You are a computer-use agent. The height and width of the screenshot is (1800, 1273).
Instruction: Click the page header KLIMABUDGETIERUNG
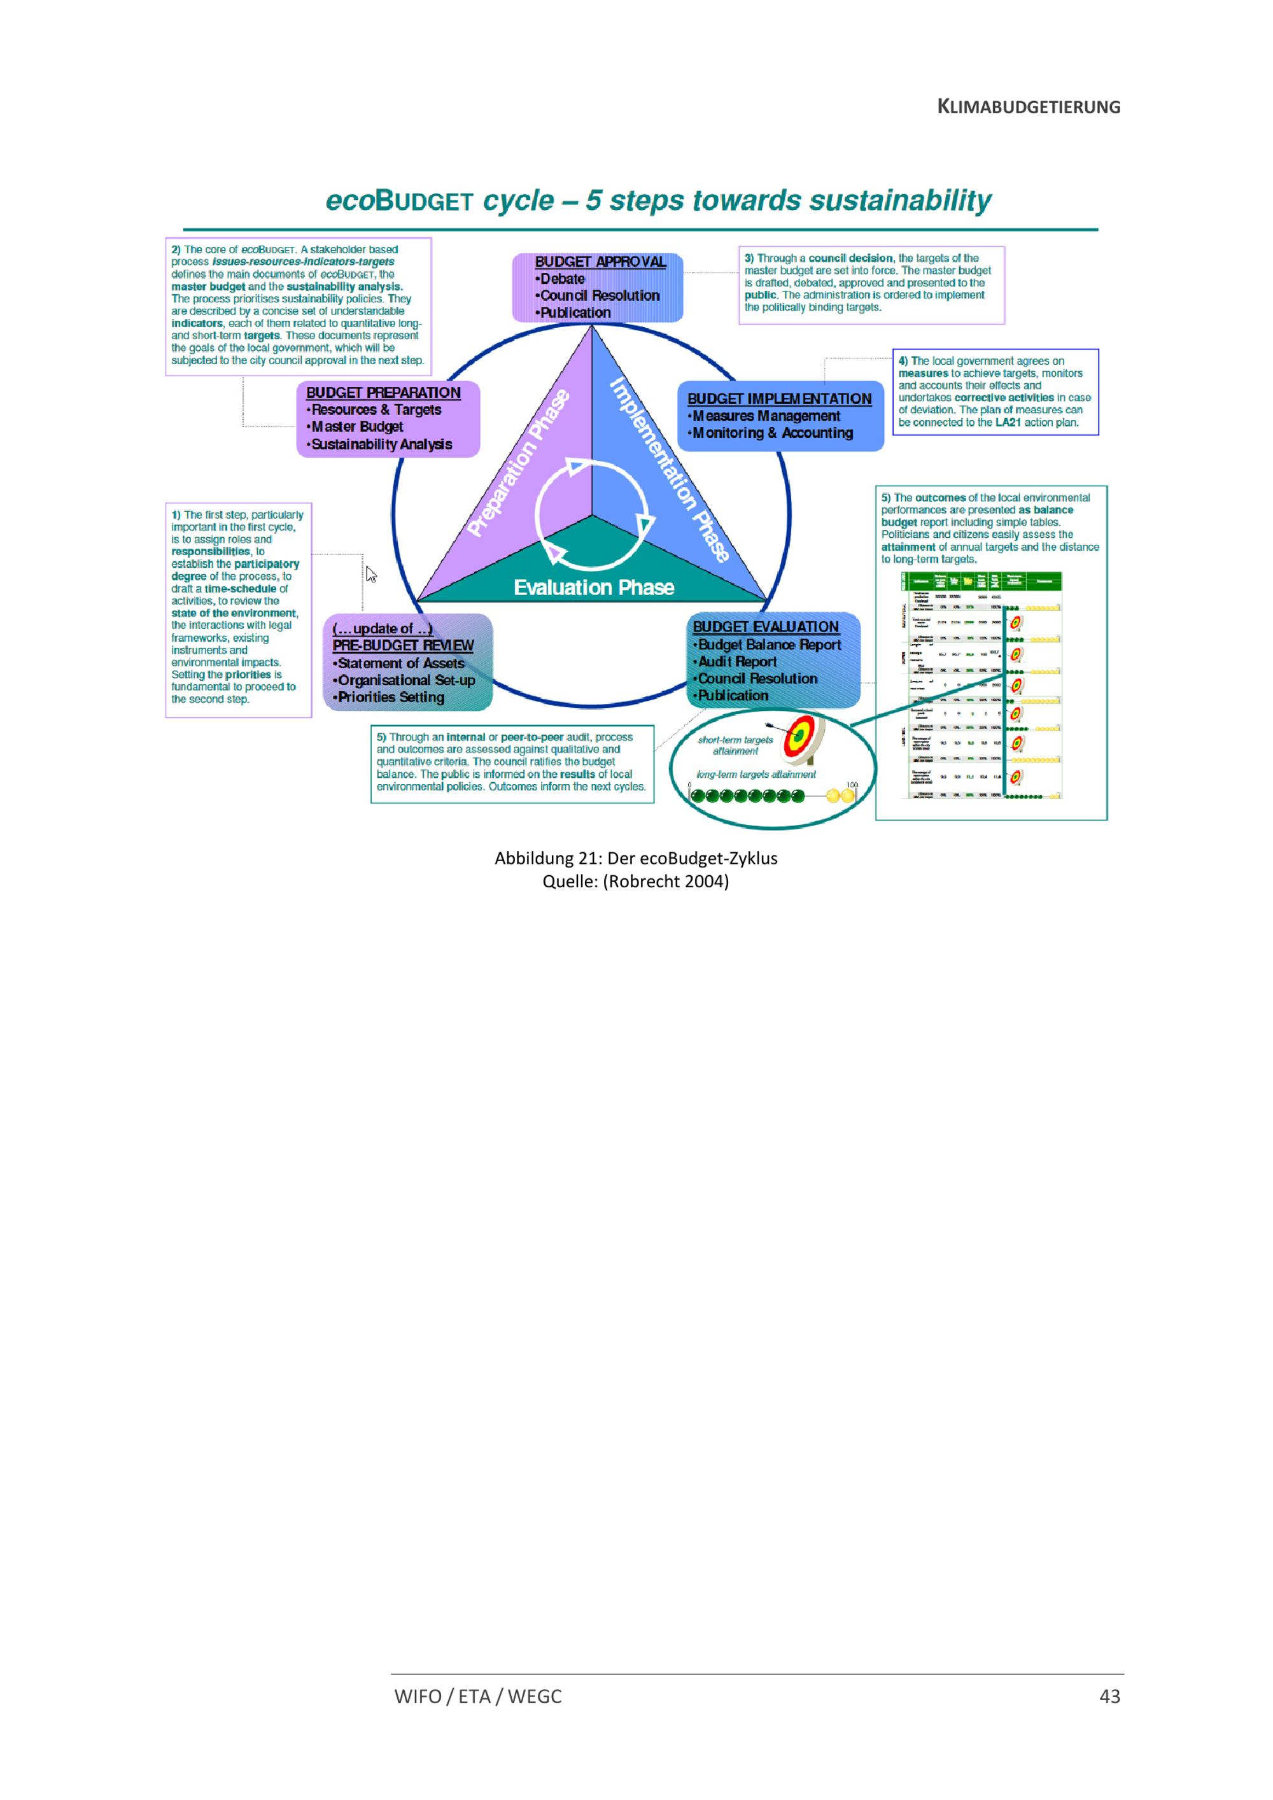tap(1029, 108)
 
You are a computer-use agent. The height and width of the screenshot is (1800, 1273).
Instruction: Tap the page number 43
tap(1109, 1696)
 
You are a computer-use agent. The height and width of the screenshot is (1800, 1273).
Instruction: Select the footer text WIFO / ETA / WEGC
tap(478, 1696)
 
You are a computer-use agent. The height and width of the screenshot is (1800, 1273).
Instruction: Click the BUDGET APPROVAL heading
tap(600, 262)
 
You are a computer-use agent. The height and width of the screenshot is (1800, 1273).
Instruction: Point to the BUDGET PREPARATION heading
tap(383, 393)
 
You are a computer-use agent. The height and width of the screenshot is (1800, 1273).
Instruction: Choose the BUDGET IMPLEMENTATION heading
tap(779, 399)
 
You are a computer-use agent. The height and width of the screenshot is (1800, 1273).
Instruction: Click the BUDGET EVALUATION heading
tap(766, 627)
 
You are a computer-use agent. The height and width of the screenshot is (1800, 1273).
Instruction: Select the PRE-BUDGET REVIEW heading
tap(403, 645)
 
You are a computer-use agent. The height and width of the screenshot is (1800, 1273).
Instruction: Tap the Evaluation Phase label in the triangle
tap(593, 587)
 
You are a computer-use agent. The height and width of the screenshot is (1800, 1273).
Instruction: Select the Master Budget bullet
tap(356, 426)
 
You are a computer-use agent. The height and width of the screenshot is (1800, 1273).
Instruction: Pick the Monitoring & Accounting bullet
tap(772, 433)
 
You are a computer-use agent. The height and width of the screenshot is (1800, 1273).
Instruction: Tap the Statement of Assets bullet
tap(400, 663)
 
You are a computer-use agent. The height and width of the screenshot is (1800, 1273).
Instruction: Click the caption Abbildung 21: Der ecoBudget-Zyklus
tap(636, 859)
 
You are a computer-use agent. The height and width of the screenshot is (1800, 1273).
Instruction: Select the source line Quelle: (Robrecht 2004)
tap(636, 881)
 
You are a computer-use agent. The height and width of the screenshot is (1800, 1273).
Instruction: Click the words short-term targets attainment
tap(735, 745)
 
